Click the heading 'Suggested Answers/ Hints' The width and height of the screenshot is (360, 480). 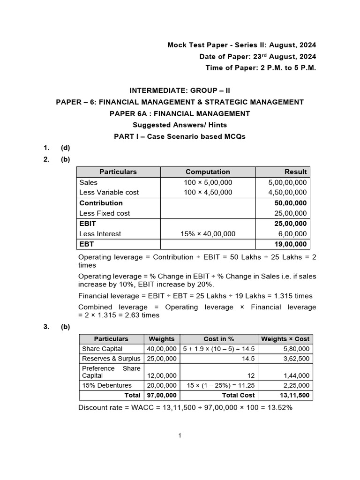pyautogui.click(x=180, y=125)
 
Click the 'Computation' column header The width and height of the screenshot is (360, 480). pyautogui.click(x=208, y=172)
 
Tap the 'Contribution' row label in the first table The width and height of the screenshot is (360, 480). pyautogui.click(x=101, y=203)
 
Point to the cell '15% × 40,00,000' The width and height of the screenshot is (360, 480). pyautogui.click(x=208, y=234)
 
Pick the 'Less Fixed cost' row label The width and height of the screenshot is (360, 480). pyautogui.click(x=105, y=213)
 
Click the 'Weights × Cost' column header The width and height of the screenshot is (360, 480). pyautogui.click(x=285, y=339)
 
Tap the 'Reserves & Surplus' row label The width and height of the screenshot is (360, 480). pyautogui.click(x=111, y=359)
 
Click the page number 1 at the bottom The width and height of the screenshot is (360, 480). pyautogui.click(x=180, y=435)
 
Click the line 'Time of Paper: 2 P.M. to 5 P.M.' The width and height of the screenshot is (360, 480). pyautogui.click(x=261, y=67)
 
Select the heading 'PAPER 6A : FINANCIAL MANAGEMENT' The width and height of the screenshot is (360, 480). pyautogui.click(x=180, y=113)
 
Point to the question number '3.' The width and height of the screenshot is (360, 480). pyautogui.click(x=47, y=327)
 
